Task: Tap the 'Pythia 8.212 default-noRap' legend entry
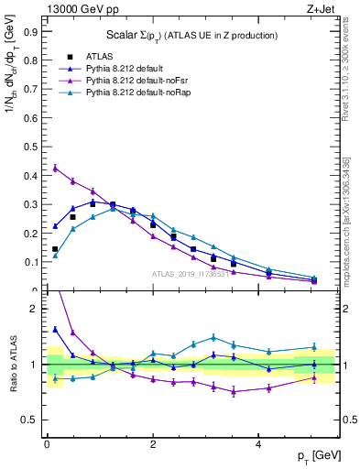click(x=128, y=93)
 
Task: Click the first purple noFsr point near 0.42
click(x=55, y=168)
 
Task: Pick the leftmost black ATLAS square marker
click(x=55, y=249)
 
